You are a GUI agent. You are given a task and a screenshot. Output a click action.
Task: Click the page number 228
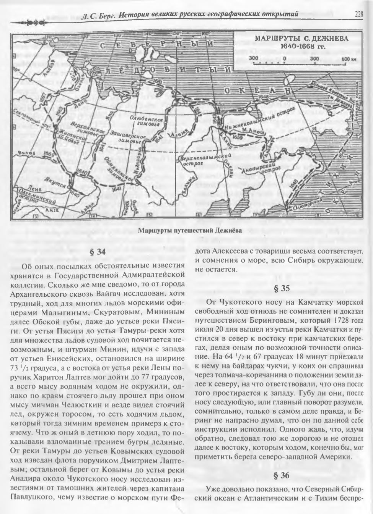358,15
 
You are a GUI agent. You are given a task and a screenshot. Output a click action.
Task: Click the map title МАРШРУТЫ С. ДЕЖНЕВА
301,39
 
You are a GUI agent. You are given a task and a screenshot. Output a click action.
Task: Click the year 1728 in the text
341,319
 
